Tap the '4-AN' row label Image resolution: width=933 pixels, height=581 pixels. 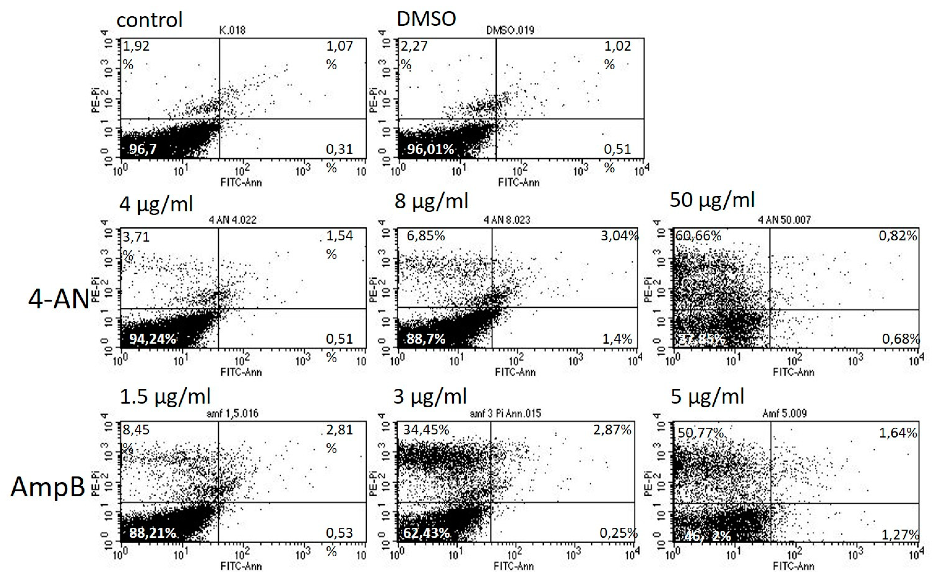click(59, 299)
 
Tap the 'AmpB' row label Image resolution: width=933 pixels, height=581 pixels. click(48, 487)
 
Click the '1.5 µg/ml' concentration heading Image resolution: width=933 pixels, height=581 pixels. click(165, 397)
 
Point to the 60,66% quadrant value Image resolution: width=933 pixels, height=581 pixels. click(698, 236)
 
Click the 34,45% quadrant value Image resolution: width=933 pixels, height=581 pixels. click(426, 430)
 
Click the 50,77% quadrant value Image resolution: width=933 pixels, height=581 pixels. click(700, 433)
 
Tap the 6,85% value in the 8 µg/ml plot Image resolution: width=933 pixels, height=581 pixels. click(426, 236)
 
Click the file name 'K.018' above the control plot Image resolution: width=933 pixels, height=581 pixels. click(232, 30)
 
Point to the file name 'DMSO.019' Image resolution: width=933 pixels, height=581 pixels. click(510, 30)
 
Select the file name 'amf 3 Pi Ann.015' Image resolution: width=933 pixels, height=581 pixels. click(505, 414)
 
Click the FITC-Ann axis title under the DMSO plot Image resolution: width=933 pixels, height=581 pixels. click(518, 182)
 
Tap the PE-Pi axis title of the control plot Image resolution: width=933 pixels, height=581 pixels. click(96, 100)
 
